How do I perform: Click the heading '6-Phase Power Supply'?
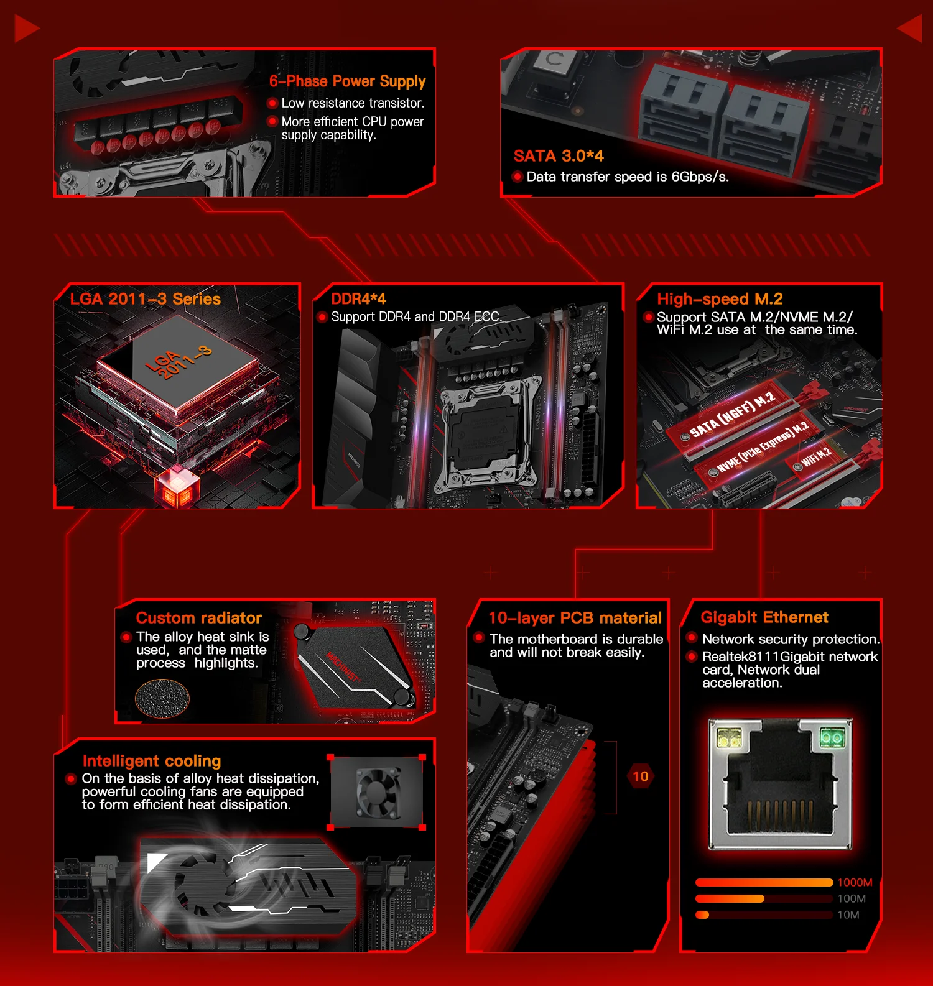point(347,81)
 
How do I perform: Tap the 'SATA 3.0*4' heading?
point(559,156)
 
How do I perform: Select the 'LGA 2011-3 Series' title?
point(146,299)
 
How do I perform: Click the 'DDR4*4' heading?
point(358,299)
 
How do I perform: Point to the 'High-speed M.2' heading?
point(720,299)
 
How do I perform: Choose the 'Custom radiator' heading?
point(199,618)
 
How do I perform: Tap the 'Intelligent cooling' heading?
point(152,761)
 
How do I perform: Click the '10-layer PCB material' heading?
point(575,618)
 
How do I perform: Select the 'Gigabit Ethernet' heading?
point(764,617)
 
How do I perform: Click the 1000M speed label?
point(855,883)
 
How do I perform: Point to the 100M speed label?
point(852,899)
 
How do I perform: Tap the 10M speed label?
point(848,915)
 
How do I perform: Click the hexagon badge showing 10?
point(640,776)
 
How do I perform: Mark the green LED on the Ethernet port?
point(832,737)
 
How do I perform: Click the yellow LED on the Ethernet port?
point(729,738)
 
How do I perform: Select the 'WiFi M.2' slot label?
point(815,458)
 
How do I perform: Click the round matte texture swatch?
point(162,699)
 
